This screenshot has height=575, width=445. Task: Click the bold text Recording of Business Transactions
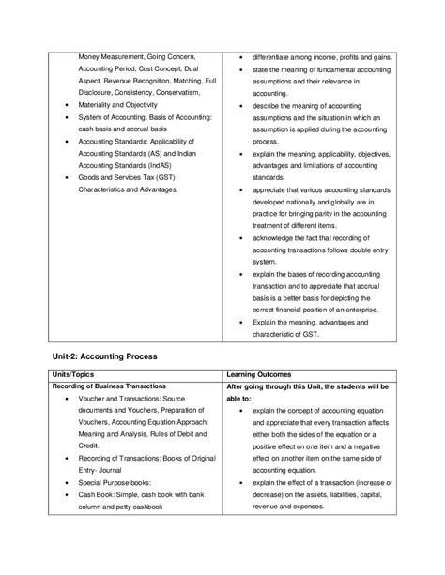[110, 386]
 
